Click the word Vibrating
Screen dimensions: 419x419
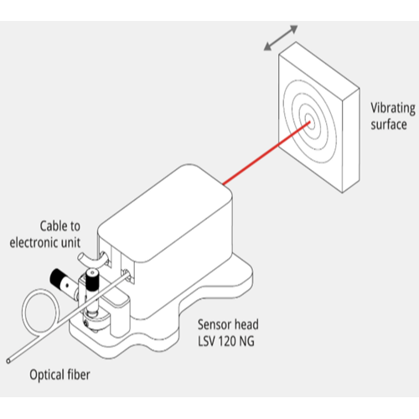coord(393,108)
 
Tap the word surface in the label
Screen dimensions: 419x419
coord(389,125)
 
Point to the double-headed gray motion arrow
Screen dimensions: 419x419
coord(281,38)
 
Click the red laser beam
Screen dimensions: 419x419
coord(266,153)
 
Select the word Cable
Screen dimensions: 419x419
coord(52,226)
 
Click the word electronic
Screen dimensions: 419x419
coord(34,242)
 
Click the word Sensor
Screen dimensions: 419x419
coord(215,324)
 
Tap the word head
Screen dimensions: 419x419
coord(246,324)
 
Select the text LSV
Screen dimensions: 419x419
coord(206,341)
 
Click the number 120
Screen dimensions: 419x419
coord(226,341)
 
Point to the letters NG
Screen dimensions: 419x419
coord(246,341)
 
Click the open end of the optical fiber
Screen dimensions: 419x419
coord(8,361)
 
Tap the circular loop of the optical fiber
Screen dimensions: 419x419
coord(23,310)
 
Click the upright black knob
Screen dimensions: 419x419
coord(91,278)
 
